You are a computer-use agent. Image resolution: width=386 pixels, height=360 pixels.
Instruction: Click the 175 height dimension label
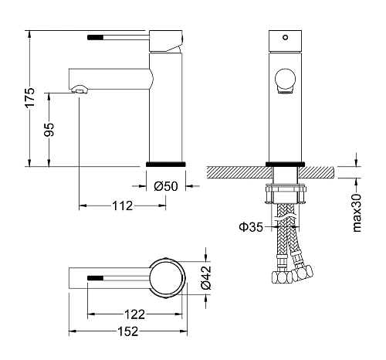[30, 98]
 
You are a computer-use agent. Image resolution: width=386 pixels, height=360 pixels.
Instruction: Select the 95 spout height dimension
[49, 130]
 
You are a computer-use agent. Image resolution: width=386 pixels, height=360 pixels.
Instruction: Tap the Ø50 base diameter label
[166, 186]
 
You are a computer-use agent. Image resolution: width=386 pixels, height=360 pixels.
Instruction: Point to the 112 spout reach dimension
[123, 205]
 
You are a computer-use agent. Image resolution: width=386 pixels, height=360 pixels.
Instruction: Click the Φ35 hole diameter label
[251, 227]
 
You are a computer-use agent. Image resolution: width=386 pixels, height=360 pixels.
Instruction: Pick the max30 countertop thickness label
[357, 213]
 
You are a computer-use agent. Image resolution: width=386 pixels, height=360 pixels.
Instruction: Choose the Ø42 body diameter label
[206, 277]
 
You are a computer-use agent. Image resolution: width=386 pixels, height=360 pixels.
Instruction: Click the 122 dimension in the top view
[135, 314]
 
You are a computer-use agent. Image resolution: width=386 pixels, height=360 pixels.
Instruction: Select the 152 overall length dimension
[128, 331]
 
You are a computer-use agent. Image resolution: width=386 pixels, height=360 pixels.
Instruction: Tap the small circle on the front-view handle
[285, 38]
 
